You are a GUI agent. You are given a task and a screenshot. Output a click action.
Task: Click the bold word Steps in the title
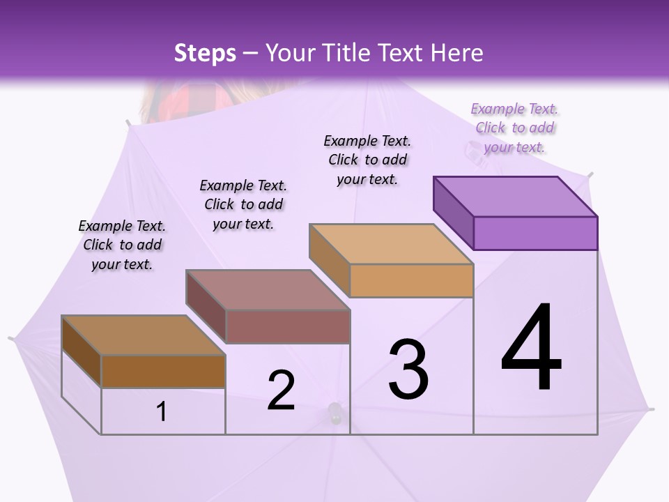[205, 53]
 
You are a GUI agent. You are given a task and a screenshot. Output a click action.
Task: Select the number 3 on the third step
[408, 369]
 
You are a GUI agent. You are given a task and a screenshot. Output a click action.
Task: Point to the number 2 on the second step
[281, 390]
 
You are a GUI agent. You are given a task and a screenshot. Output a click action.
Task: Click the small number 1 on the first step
[162, 412]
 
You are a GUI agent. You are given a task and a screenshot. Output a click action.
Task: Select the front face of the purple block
[535, 233]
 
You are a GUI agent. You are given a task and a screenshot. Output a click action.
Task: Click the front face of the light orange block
[411, 281]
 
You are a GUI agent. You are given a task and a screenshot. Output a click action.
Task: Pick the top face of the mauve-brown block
[268, 290]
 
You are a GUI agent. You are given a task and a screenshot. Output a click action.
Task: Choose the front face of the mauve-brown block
[287, 326]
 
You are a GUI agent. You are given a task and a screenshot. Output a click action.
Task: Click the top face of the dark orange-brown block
[144, 335]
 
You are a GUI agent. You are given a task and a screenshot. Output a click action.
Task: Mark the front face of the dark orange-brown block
[163, 371]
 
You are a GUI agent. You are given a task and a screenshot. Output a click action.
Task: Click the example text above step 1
[122, 245]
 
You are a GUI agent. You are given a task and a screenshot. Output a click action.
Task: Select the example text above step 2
[243, 204]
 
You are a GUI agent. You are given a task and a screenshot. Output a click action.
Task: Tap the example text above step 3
[367, 160]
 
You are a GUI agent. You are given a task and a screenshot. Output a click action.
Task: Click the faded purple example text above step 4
[514, 128]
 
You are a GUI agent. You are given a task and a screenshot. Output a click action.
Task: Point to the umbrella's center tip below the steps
[335, 413]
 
